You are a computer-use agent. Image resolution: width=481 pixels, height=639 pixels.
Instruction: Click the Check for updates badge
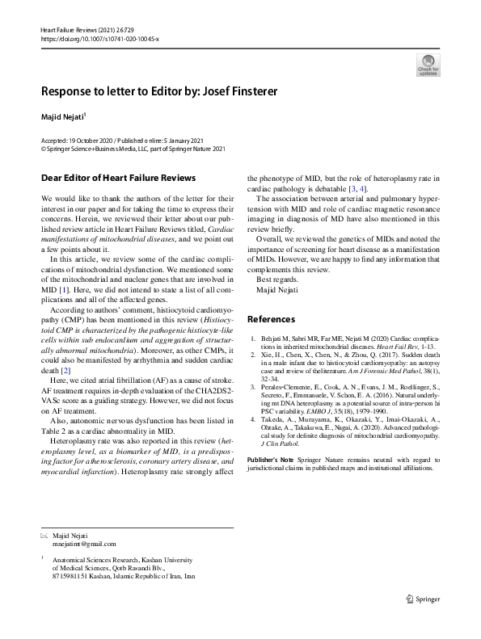[428, 65]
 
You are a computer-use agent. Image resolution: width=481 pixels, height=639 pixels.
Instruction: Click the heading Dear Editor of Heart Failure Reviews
[117, 177]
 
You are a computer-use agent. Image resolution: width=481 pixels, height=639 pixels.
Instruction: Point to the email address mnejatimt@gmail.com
[84, 544]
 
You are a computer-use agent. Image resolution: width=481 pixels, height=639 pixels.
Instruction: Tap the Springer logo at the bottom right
[423, 599]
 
